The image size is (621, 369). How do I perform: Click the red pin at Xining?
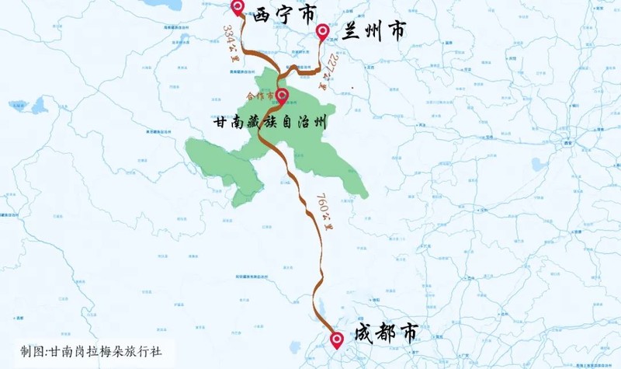238,8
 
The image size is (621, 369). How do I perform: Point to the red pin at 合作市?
282,96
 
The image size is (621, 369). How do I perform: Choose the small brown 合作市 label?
259,96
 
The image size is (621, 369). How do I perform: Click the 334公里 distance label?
229,43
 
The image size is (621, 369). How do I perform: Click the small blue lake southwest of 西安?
536,164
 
